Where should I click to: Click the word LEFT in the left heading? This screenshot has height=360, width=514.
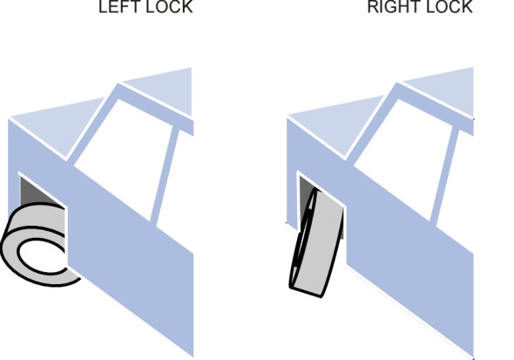point(114,7)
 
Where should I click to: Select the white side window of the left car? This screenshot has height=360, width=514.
point(126,158)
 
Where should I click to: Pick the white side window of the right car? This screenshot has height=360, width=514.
point(407,158)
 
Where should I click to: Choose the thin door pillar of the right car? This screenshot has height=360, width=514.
point(444,177)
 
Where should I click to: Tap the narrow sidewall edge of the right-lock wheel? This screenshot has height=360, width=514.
point(301,240)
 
